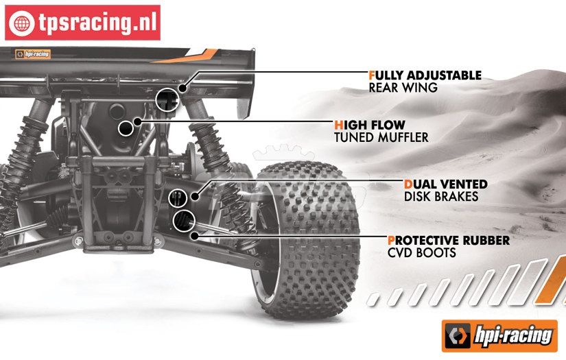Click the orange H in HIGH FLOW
[339, 125]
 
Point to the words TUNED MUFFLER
[381, 137]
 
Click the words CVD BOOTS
[421, 253]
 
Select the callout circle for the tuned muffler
[126, 128]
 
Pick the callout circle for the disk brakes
[177, 197]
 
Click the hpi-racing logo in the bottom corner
[499, 335]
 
